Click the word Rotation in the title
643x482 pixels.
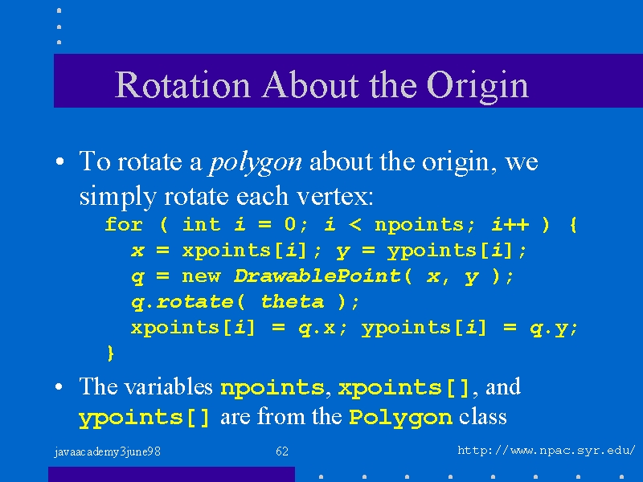tap(182, 85)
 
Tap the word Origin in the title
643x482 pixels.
tap(477, 87)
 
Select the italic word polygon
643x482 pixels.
tap(256, 163)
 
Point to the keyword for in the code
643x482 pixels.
tap(124, 224)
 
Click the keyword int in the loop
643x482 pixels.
tap(202, 224)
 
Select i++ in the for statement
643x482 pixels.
tap(510, 224)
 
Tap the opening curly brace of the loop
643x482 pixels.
tap(573, 225)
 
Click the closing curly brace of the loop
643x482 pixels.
tap(110, 353)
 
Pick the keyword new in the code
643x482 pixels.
tap(202, 276)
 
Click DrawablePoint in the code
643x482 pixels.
tap(317, 276)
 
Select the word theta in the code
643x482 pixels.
tap(293, 302)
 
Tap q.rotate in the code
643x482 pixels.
tap(182, 303)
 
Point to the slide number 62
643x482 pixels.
tap(282, 451)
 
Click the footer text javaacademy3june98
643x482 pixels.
tap(108, 451)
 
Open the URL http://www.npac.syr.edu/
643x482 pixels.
tap(547, 451)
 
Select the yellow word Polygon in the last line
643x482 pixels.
tap(400, 418)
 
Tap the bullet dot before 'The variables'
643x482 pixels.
tap(59, 386)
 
